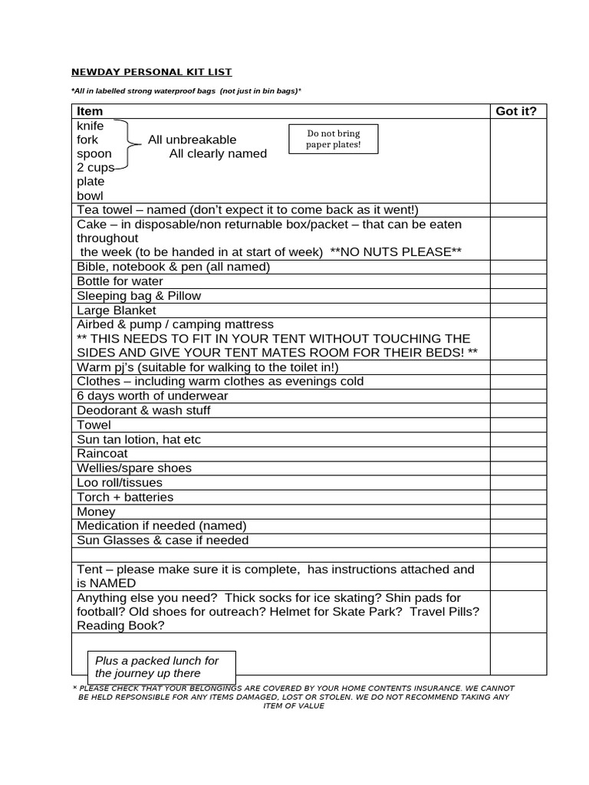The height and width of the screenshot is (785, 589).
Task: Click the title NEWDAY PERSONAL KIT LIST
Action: tap(151, 72)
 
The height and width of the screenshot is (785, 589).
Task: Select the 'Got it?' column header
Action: tap(516, 111)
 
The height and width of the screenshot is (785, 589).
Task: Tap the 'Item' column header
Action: tap(90, 111)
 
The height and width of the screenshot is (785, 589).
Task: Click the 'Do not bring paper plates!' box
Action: tap(333, 139)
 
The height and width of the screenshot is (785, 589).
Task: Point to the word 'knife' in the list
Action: tap(90, 126)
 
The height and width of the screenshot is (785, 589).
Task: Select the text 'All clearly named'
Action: tap(218, 153)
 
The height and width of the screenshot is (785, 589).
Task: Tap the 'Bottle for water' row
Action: tap(120, 281)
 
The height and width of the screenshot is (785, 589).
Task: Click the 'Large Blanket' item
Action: tap(116, 310)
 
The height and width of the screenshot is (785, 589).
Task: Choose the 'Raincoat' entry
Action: tap(102, 454)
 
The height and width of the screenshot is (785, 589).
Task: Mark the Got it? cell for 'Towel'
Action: tap(518, 425)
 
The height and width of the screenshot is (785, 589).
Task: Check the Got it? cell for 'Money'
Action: tap(518, 511)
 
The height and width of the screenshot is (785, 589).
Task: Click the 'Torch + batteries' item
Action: tap(125, 497)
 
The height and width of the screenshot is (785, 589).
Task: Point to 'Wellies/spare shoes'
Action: tap(134, 468)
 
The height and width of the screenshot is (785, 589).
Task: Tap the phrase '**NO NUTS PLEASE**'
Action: tap(396, 252)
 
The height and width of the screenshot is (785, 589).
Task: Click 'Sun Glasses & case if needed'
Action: tap(163, 540)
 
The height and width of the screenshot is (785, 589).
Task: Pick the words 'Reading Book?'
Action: tap(120, 626)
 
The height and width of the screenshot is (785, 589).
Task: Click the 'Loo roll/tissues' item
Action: tap(120, 483)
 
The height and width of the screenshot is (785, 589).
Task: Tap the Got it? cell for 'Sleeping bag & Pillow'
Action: tap(518, 296)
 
